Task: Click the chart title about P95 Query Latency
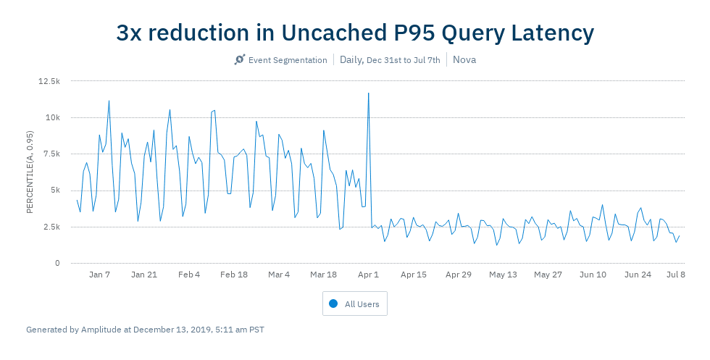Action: tap(355, 33)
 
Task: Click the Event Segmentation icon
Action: tap(240, 59)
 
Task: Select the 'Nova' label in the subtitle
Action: tap(464, 59)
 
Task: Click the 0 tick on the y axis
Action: tap(57, 263)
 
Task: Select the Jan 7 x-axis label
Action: tap(99, 275)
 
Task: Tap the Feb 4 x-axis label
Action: tap(189, 275)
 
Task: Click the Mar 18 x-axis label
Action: tap(323, 275)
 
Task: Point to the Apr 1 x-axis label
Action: tap(368, 275)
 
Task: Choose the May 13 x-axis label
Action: tap(503, 275)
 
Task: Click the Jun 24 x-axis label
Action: tap(638, 275)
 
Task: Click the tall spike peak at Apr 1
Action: tap(368, 93)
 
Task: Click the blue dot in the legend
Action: tap(333, 304)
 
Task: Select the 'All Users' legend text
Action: tap(362, 304)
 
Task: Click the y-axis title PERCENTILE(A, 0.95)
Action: tap(30, 172)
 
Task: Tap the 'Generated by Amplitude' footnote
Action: tap(145, 330)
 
